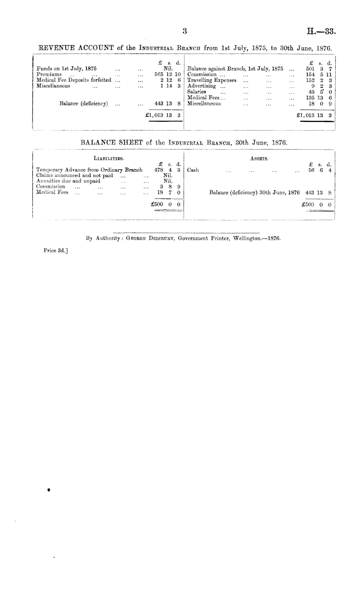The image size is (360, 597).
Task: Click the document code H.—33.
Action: point(321,32)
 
